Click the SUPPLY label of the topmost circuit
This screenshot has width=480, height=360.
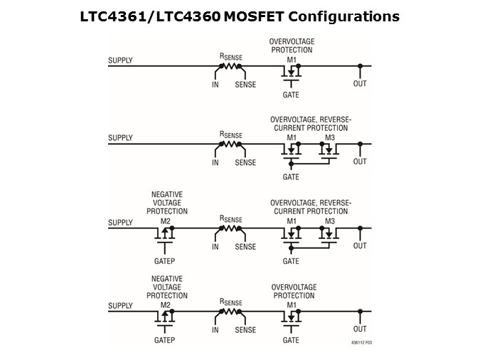pos(120,60)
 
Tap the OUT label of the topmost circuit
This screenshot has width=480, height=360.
pos(360,84)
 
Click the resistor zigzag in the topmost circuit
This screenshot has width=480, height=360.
pos(229,65)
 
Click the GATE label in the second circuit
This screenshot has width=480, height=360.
pos(291,176)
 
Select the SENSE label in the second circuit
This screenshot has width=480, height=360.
pos(245,162)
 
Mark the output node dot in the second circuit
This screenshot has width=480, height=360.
pos(361,144)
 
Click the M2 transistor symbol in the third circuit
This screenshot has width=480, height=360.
pos(165,233)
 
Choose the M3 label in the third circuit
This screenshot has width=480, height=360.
pos(329,221)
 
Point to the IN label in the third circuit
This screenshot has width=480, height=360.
pos(215,247)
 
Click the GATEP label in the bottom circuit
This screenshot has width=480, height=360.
pos(165,340)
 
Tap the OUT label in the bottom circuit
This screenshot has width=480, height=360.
pos(360,329)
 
